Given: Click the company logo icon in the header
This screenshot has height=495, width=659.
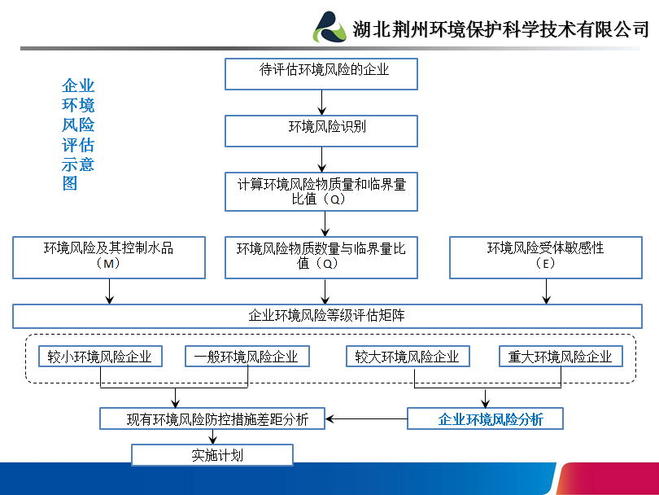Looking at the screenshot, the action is coord(329,28).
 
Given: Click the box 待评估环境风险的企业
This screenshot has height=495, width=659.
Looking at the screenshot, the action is coord(321,74).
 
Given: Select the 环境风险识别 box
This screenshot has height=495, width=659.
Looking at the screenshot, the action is coord(321,131).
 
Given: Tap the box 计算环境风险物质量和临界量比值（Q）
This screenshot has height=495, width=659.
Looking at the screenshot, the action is coord(321,191).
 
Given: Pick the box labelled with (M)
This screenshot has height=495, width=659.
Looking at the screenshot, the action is coord(109,257).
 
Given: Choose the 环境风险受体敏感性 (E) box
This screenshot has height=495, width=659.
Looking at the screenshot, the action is coord(546,257).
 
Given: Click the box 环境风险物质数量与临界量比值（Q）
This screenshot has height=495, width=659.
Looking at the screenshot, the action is coord(321,257).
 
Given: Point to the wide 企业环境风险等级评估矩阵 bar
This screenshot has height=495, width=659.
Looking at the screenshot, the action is coord(327,316).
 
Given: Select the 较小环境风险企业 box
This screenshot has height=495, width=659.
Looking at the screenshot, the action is coord(100,357).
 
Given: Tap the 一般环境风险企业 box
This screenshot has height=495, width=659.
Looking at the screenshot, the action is coord(247,357).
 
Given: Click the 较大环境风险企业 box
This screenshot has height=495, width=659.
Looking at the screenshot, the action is coord(408,357).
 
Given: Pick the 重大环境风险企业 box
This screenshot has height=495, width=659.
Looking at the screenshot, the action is coord(561,357).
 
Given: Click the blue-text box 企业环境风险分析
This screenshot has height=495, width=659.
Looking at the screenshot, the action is coord(485,418).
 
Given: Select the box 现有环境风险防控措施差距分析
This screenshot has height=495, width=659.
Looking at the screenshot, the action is coord(212,418).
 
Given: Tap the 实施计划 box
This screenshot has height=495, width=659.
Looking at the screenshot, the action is coord(212,455).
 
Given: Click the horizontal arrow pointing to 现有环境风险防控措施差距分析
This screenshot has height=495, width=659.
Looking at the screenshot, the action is coord(366,419).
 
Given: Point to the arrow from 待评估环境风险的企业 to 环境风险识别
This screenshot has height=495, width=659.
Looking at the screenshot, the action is coord(322,103).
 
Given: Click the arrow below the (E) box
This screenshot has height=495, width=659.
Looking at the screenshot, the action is coord(547,291).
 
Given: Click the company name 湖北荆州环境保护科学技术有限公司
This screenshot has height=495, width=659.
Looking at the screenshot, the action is coord(500,29).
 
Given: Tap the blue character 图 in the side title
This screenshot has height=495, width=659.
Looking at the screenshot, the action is coord(70,183).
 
